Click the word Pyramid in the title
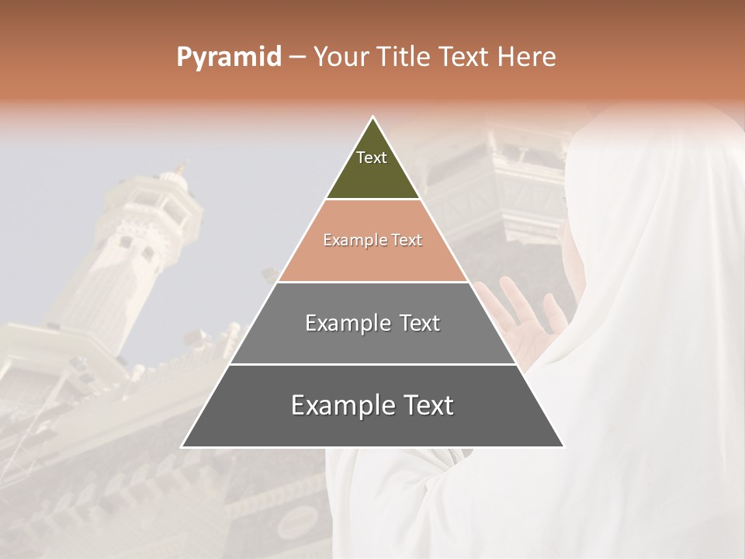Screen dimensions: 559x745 coord(228,57)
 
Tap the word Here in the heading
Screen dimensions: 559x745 coord(525,57)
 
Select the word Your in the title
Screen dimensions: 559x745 coord(339,57)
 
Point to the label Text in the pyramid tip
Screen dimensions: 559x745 coord(371,158)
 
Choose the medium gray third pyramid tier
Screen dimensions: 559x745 coord(372,342)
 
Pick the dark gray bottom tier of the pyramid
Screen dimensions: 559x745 coord(372,423)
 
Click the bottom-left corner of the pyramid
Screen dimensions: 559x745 coord(182,447)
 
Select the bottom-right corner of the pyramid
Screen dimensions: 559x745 coord(564,447)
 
